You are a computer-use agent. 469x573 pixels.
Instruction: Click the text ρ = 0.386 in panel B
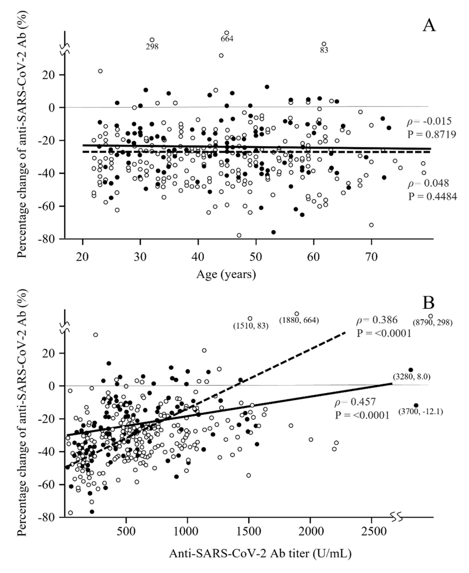coord(377,320)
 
